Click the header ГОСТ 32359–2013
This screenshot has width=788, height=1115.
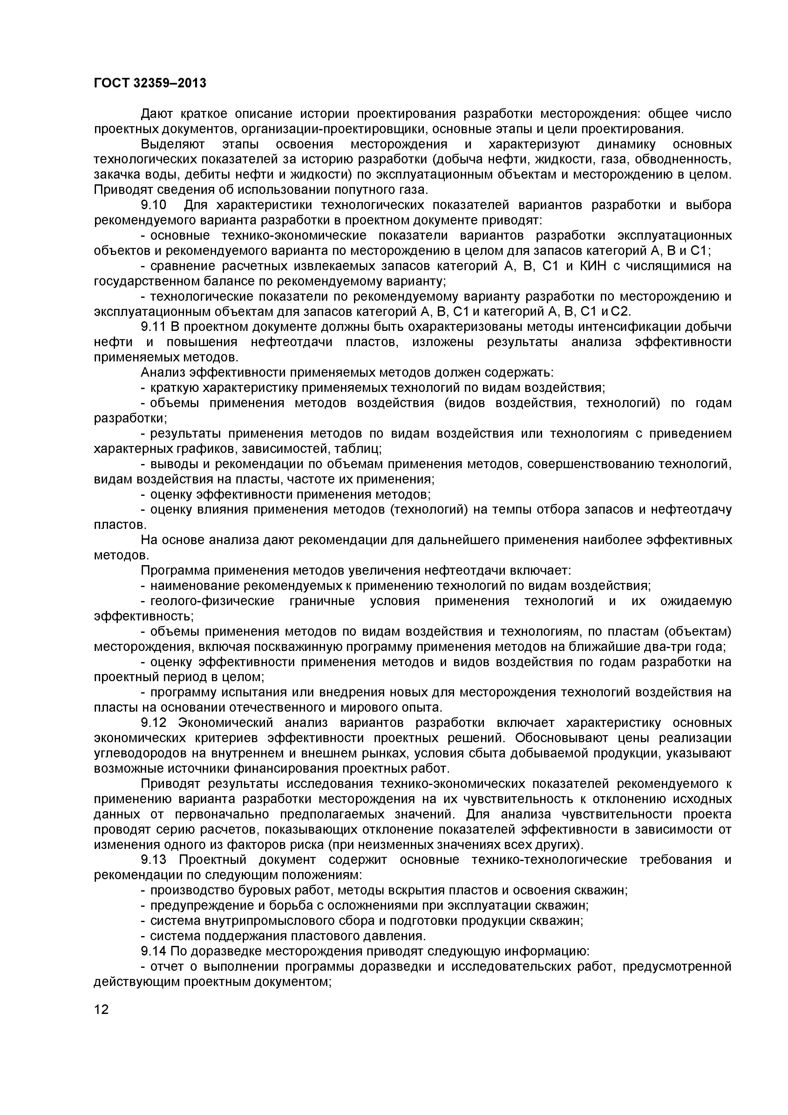[150, 84]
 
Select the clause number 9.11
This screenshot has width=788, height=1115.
[153, 327]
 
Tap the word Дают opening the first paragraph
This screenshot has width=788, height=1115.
[157, 114]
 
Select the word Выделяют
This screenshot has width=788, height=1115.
[173, 145]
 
